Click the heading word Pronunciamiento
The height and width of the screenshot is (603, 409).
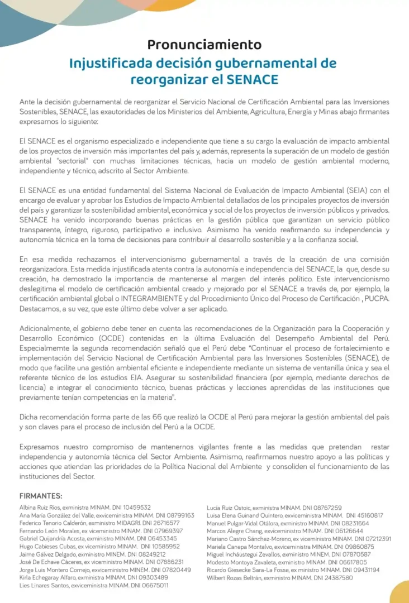click(x=204, y=45)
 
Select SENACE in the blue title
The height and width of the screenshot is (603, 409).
click(x=252, y=79)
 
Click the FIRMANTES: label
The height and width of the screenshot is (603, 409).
click(x=41, y=496)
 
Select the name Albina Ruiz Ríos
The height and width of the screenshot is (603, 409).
click(x=41, y=508)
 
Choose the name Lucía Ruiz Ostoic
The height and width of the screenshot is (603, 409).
click(x=229, y=508)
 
